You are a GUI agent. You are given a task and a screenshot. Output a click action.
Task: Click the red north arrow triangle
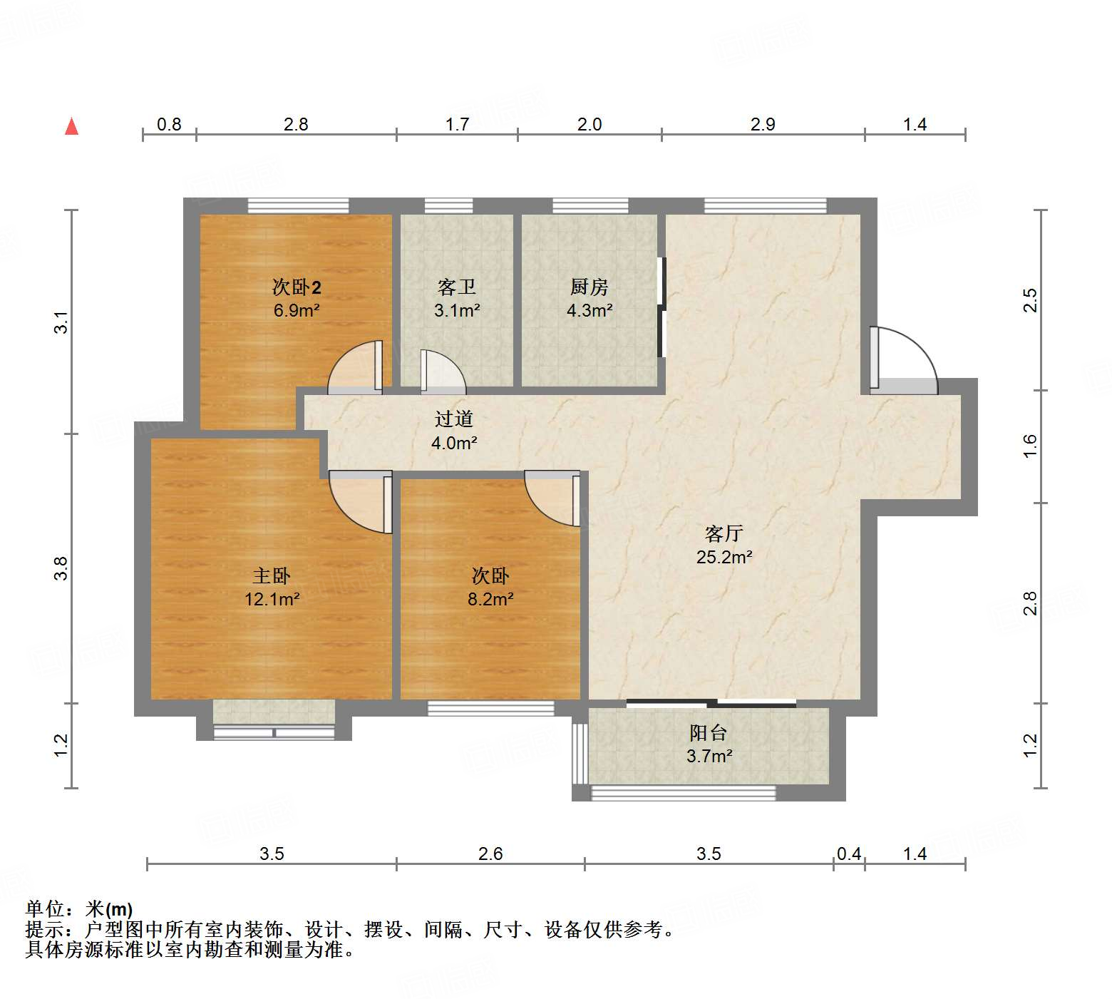(71, 126)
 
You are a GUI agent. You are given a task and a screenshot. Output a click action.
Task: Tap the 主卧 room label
(272, 576)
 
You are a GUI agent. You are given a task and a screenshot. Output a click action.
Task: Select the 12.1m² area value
(272, 599)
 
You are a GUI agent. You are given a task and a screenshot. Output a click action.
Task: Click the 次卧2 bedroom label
(297, 287)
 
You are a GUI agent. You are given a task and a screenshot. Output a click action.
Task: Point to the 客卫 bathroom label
(456, 287)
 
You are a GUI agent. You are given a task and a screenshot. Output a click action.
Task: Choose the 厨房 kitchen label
(589, 287)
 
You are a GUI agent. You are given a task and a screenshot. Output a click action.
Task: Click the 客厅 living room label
(724, 533)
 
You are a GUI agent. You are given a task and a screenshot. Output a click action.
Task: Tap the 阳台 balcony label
(709, 733)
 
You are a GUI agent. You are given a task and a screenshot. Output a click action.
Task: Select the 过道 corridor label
(453, 419)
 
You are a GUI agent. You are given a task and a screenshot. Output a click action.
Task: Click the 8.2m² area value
(490, 599)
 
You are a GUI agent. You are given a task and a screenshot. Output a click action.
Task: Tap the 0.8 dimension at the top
(169, 125)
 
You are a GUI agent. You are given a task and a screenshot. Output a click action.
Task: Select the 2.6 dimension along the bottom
(490, 854)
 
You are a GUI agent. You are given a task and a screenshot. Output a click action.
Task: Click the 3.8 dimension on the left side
(61, 568)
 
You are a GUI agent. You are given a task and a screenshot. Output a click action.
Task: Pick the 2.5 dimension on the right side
(1030, 300)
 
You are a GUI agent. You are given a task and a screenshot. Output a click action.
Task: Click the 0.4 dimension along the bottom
(849, 854)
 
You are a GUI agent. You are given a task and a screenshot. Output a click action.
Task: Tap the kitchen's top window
(590, 206)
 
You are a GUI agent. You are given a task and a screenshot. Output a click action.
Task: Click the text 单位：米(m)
(79, 909)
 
